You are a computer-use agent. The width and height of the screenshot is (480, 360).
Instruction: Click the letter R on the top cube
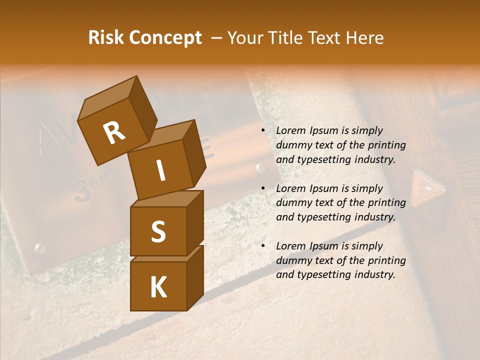(x=114, y=133)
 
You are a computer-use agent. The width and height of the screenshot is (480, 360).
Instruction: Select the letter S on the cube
(x=158, y=231)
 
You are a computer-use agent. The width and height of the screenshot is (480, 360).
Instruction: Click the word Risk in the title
(x=106, y=37)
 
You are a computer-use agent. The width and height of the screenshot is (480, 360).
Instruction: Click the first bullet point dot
(x=262, y=131)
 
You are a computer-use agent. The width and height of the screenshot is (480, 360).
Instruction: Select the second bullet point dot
(x=262, y=188)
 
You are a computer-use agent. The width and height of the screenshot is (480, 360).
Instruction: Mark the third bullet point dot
(x=262, y=246)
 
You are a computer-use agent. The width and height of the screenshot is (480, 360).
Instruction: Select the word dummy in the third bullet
(x=294, y=260)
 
